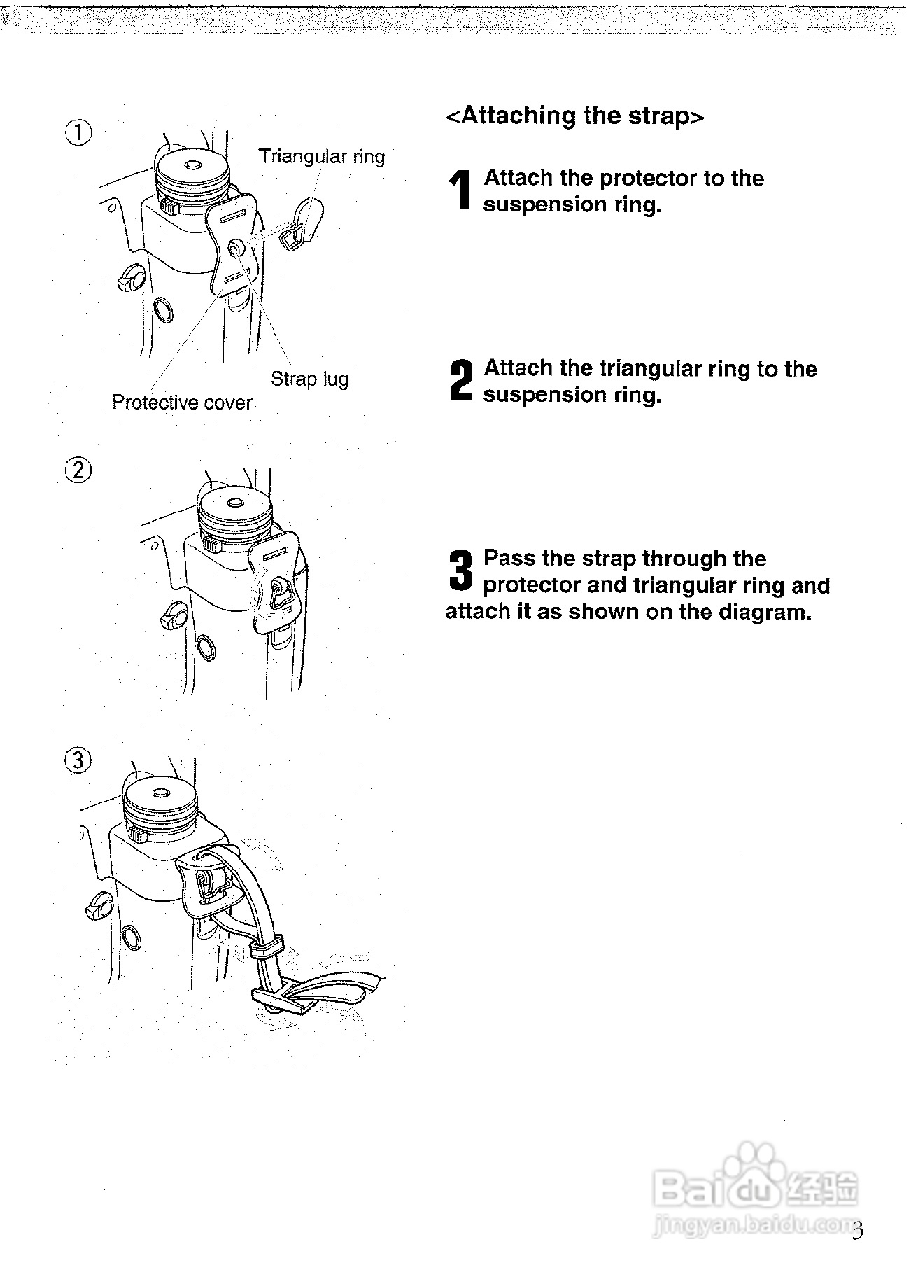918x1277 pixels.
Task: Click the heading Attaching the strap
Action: coord(574,116)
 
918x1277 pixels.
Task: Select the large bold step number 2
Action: coord(460,381)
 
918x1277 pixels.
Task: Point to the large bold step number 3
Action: coord(460,571)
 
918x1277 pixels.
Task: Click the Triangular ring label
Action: coord(322,156)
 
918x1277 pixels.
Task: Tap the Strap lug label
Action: coord(309,379)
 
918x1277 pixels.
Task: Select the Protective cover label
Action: coord(182,403)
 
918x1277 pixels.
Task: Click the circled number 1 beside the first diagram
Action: coord(78,132)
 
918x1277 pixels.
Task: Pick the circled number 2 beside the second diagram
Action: coord(78,470)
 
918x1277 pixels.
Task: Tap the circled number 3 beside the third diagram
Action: coord(78,760)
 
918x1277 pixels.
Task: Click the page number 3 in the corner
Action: coord(859,1231)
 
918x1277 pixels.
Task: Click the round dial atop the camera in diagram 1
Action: coord(190,172)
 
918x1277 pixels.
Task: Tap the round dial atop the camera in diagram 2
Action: coord(234,508)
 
